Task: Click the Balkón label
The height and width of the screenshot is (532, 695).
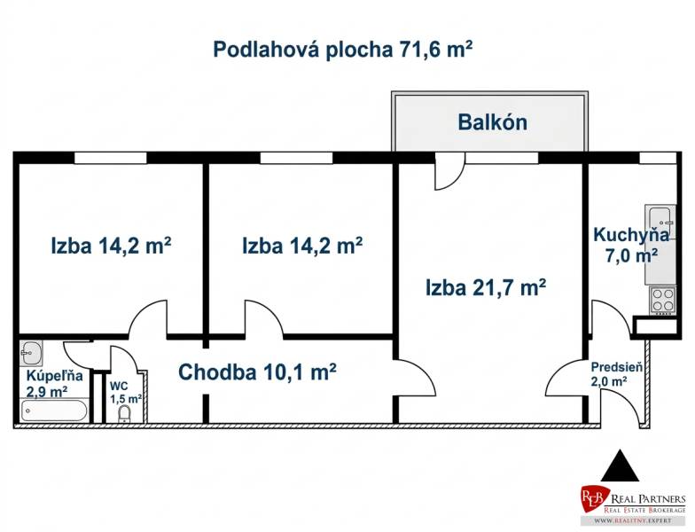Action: [492, 122]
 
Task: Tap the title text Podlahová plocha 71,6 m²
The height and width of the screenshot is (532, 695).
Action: [342, 49]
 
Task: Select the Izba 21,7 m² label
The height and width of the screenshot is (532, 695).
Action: [485, 287]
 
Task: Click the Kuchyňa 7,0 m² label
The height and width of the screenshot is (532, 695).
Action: [630, 245]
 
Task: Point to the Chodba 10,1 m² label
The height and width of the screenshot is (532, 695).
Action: [257, 372]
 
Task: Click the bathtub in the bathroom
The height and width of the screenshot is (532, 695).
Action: [54, 411]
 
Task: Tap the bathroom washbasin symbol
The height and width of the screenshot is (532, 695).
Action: [31, 352]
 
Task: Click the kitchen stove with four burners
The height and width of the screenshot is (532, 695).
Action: [662, 300]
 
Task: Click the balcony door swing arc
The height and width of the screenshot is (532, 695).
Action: [447, 174]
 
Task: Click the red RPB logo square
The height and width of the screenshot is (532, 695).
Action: [594, 498]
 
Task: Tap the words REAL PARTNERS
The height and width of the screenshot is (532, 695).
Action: [646, 498]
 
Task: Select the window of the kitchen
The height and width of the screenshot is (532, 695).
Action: [657, 158]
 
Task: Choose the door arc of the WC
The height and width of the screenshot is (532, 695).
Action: [121, 359]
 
